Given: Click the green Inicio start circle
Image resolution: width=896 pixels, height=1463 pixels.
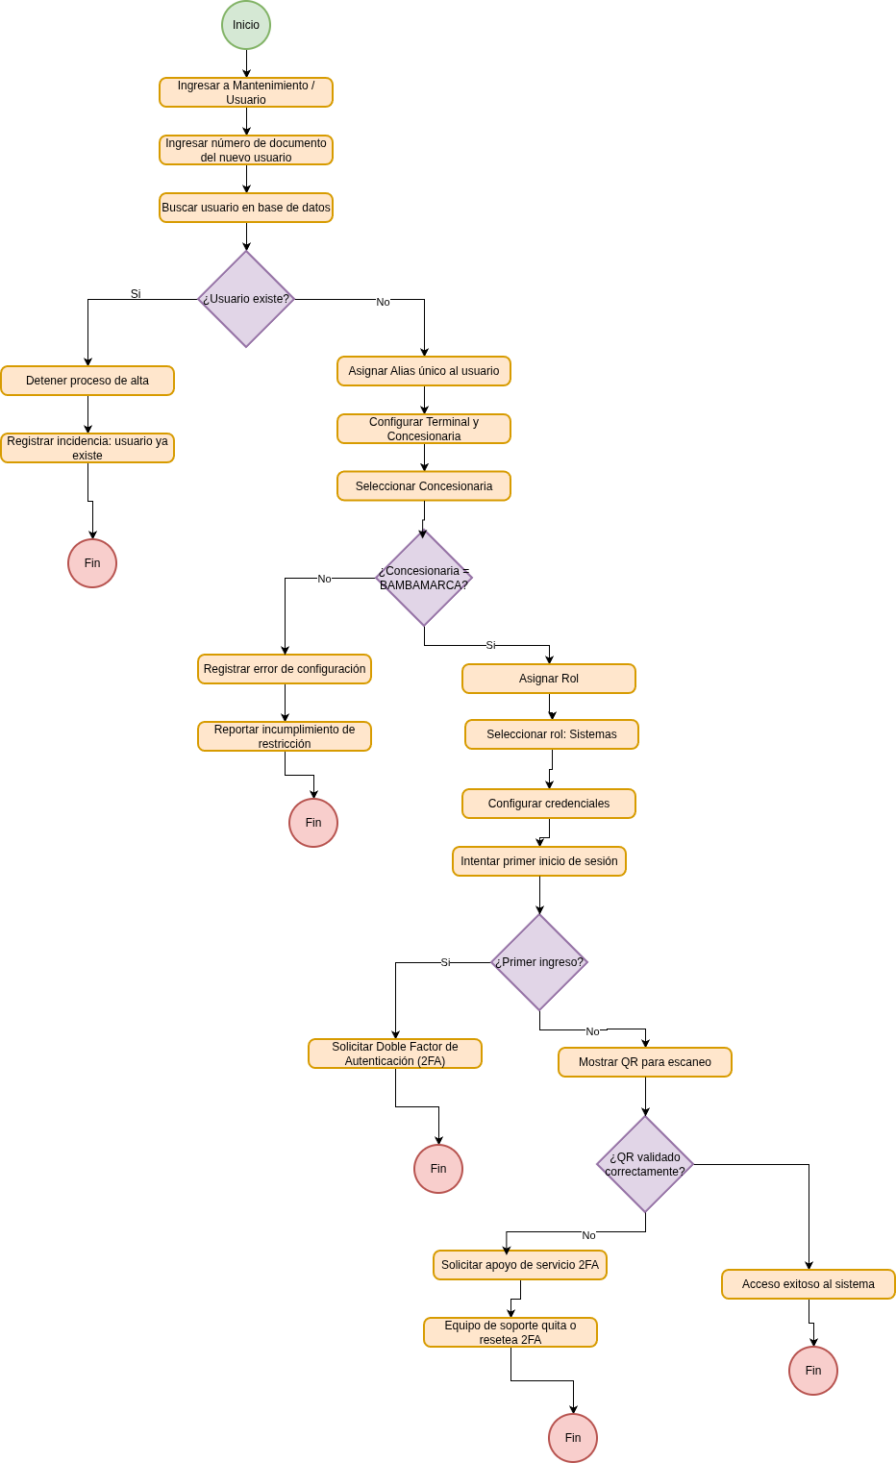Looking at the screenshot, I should click(246, 25).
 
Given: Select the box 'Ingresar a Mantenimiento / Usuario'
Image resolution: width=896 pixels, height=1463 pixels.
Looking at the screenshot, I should click(246, 92).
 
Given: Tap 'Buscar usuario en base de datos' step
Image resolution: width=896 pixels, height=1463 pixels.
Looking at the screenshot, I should click(246, 208).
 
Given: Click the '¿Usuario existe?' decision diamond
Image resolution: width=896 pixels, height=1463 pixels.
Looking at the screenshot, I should click(246, 299).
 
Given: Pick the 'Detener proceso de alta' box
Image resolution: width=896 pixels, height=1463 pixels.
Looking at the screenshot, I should click(87, 381).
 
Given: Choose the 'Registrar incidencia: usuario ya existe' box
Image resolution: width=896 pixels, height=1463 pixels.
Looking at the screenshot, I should click(87, 448).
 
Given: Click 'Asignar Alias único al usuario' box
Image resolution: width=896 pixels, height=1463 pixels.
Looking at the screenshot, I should click(424, 371).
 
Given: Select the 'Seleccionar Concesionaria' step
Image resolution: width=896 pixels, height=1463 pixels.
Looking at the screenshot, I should click(424, 486).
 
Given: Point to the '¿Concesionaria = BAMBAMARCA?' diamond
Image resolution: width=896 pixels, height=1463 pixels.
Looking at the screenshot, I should click(424, 578).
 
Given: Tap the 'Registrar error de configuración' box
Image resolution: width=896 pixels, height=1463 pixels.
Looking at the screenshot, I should click(285, 669).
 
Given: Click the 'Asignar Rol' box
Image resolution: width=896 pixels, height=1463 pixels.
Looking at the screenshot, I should click(549, 679).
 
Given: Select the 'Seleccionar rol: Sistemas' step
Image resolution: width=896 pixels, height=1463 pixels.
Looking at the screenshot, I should click(552, 734).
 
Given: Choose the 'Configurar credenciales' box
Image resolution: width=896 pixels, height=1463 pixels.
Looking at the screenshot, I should click(549, 804).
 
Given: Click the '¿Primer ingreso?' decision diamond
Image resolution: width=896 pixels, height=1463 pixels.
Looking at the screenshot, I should click(539, 962).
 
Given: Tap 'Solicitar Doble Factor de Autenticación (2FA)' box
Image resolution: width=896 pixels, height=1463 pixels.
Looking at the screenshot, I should click(395, 1054).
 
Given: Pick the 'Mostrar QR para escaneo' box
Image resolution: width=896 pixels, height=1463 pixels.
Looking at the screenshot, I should click(645, 1062).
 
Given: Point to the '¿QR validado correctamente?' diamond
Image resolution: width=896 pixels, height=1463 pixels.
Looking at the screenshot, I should click(645, 1164).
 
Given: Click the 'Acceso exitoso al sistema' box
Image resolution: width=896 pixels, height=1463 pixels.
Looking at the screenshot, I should click(809, 1284).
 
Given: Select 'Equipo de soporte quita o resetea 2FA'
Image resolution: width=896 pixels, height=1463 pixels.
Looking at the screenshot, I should click(510, 1332).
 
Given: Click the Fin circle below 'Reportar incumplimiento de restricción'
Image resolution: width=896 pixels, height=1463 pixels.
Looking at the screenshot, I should click(313, 823).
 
